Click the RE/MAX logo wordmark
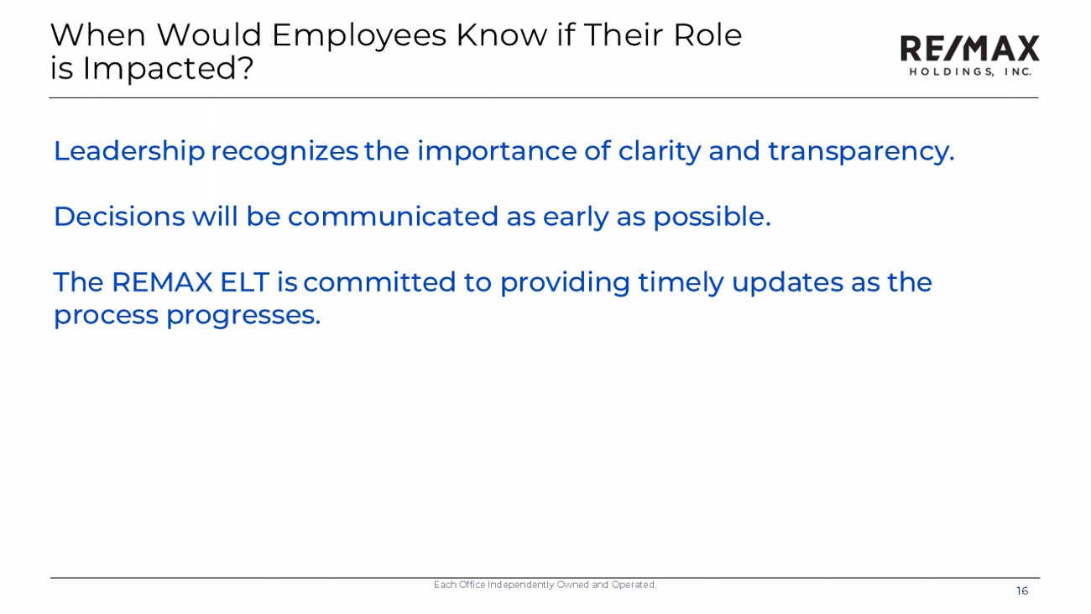(x=969, y=48)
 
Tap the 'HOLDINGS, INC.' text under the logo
(x=970, y=71)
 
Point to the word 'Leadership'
(x=129, y=152)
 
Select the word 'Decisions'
(x=119, y=217)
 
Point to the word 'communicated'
(x=393, y=217)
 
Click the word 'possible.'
(x=712, y=218)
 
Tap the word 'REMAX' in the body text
(x=162, y=282)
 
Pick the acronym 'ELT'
(x=244, y=282)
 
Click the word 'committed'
(x=379, y=282)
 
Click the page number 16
(x=1022, y=591)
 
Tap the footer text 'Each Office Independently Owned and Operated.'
(x=545, y=585)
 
